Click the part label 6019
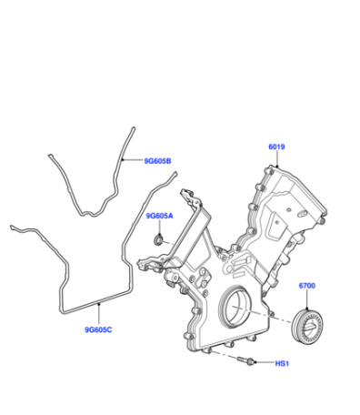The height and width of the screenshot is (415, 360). pos(276,147)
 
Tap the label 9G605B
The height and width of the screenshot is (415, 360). pos(157,161)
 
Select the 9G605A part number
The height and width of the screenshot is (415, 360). pos(159,216)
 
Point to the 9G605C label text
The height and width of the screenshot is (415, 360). pos(98,329)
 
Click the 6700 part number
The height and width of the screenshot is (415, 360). pos(307,286)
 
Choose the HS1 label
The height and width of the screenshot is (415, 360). pos(282,363)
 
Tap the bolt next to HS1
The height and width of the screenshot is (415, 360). pos(246,361)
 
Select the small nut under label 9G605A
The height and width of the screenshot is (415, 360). pos(158,240)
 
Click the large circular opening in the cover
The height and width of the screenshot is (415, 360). pos(235,307)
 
